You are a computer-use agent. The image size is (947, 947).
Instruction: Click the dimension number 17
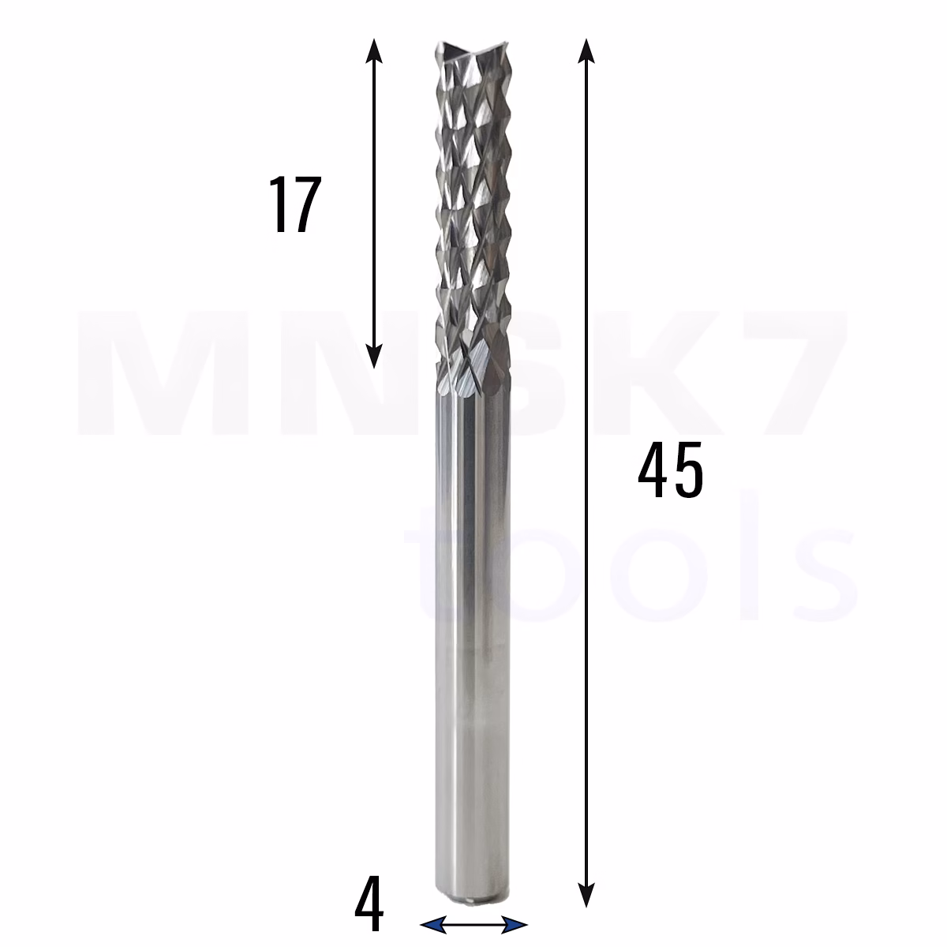click(295, 204)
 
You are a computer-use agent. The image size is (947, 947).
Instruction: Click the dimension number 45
click(670, 470)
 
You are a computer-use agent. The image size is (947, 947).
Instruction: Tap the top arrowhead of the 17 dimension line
click(374, 51)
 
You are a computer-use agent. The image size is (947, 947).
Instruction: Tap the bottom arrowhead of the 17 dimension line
click(374, 356)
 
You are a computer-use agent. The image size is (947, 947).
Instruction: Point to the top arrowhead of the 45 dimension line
click(586, 51)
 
